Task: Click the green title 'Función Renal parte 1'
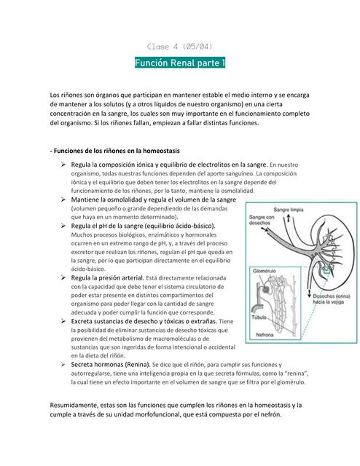[180, 63]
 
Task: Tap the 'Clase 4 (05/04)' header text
[180, 45]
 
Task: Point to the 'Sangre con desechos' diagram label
[262, 221]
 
